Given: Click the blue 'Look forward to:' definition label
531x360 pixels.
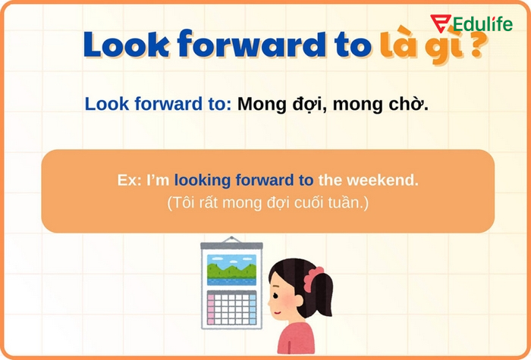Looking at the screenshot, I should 158,105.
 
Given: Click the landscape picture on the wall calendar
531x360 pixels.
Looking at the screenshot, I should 231,270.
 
